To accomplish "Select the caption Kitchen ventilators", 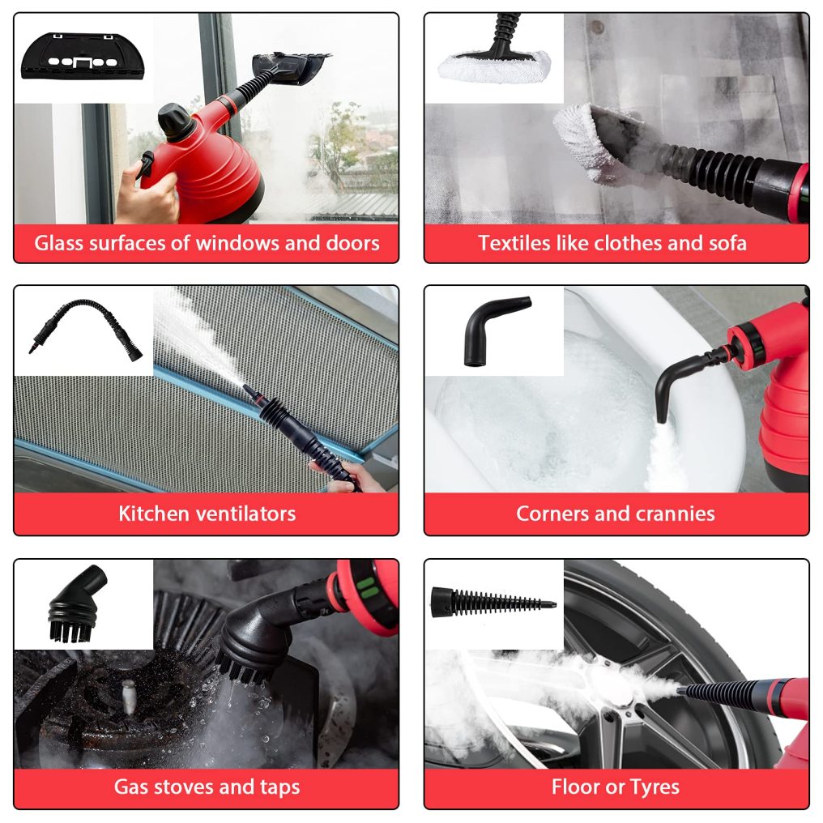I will tap(207, 514).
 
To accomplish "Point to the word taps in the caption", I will tap(279, 787).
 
